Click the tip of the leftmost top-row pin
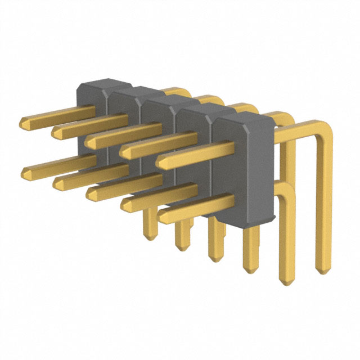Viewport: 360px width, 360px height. pos(23,122)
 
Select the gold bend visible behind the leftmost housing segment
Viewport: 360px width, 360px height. pos(179,91)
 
